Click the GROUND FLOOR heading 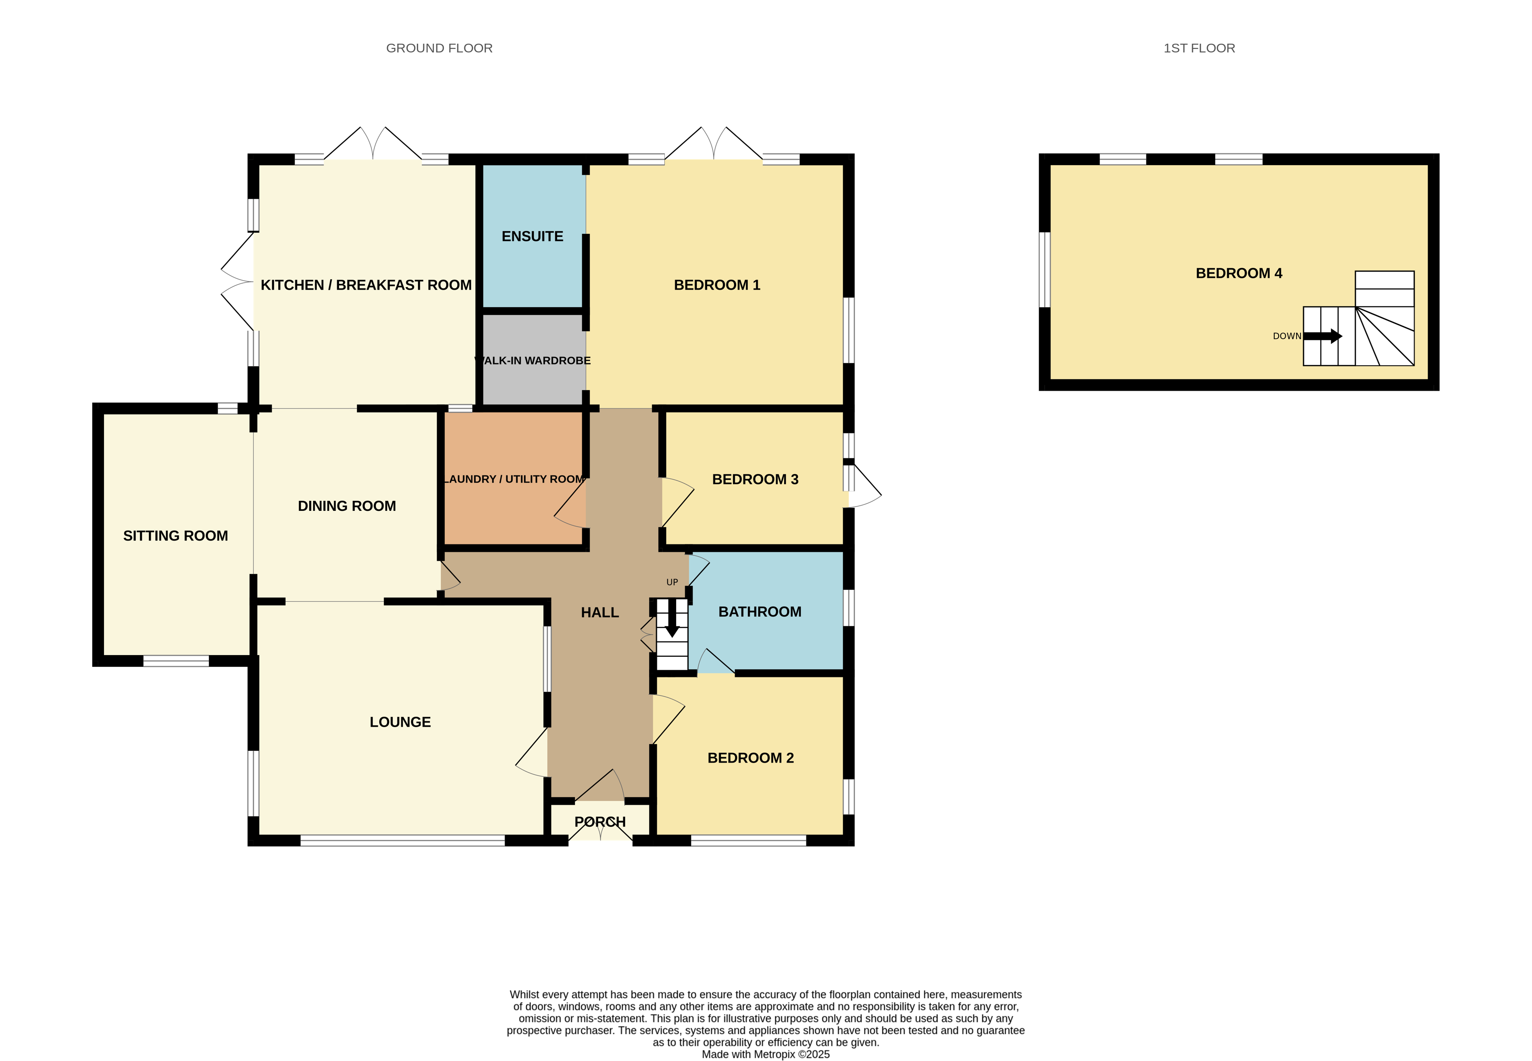(x=439, y=49)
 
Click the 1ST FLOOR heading (x=1199, y=49)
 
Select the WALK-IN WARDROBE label (x=533, y=361)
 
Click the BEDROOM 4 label (x=1239, y=273)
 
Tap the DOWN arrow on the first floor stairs (x=1323, y=336)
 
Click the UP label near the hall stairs (x=672, y=583)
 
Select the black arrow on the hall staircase (x=672, y=618)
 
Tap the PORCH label (x=600, y=822)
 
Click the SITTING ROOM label (x=176, y=536)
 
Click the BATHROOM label (x=760, y=612)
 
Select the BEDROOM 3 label (x=755, y=479)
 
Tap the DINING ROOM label (x=347, y=506)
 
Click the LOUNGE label (x=400, y=722)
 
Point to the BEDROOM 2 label (x=750, y=758)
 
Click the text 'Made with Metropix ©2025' (x=766, y=1054)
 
